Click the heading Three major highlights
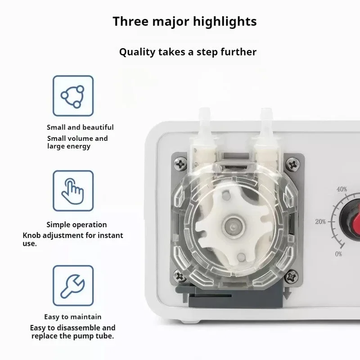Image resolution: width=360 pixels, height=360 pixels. coord(184,22)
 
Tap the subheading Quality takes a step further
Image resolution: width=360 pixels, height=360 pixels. coord(188,52)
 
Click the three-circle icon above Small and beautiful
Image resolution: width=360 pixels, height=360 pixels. coord(73,96)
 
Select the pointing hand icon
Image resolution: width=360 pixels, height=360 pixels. coord(73,191)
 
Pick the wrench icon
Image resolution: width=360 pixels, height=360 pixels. coord(73,286)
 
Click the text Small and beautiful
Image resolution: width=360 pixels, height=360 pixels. coord(80,127)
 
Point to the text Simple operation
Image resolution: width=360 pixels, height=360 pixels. coord(76,225)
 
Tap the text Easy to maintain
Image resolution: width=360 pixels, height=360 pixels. coord(73,317)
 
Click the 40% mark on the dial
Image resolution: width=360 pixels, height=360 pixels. coord(342,189)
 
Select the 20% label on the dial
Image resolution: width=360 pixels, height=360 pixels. coord(320,221)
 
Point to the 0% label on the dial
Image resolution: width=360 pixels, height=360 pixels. coord(338,254)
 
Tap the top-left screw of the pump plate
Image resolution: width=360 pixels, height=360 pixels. coord(181,164)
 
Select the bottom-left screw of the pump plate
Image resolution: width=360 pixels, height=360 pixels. coord(180,276)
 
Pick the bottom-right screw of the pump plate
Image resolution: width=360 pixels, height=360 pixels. coord(291,276)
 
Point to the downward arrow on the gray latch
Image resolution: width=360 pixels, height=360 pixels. coord(287,295)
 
